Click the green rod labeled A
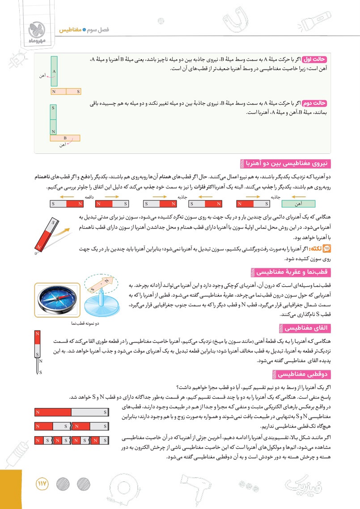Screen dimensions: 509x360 [54, 72]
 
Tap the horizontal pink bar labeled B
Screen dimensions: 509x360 [65, 138]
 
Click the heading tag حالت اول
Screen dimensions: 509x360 [315, 59]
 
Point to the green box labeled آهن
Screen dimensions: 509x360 [298, 204]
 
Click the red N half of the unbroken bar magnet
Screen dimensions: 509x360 [53, 411]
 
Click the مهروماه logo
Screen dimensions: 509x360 [35, 30]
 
